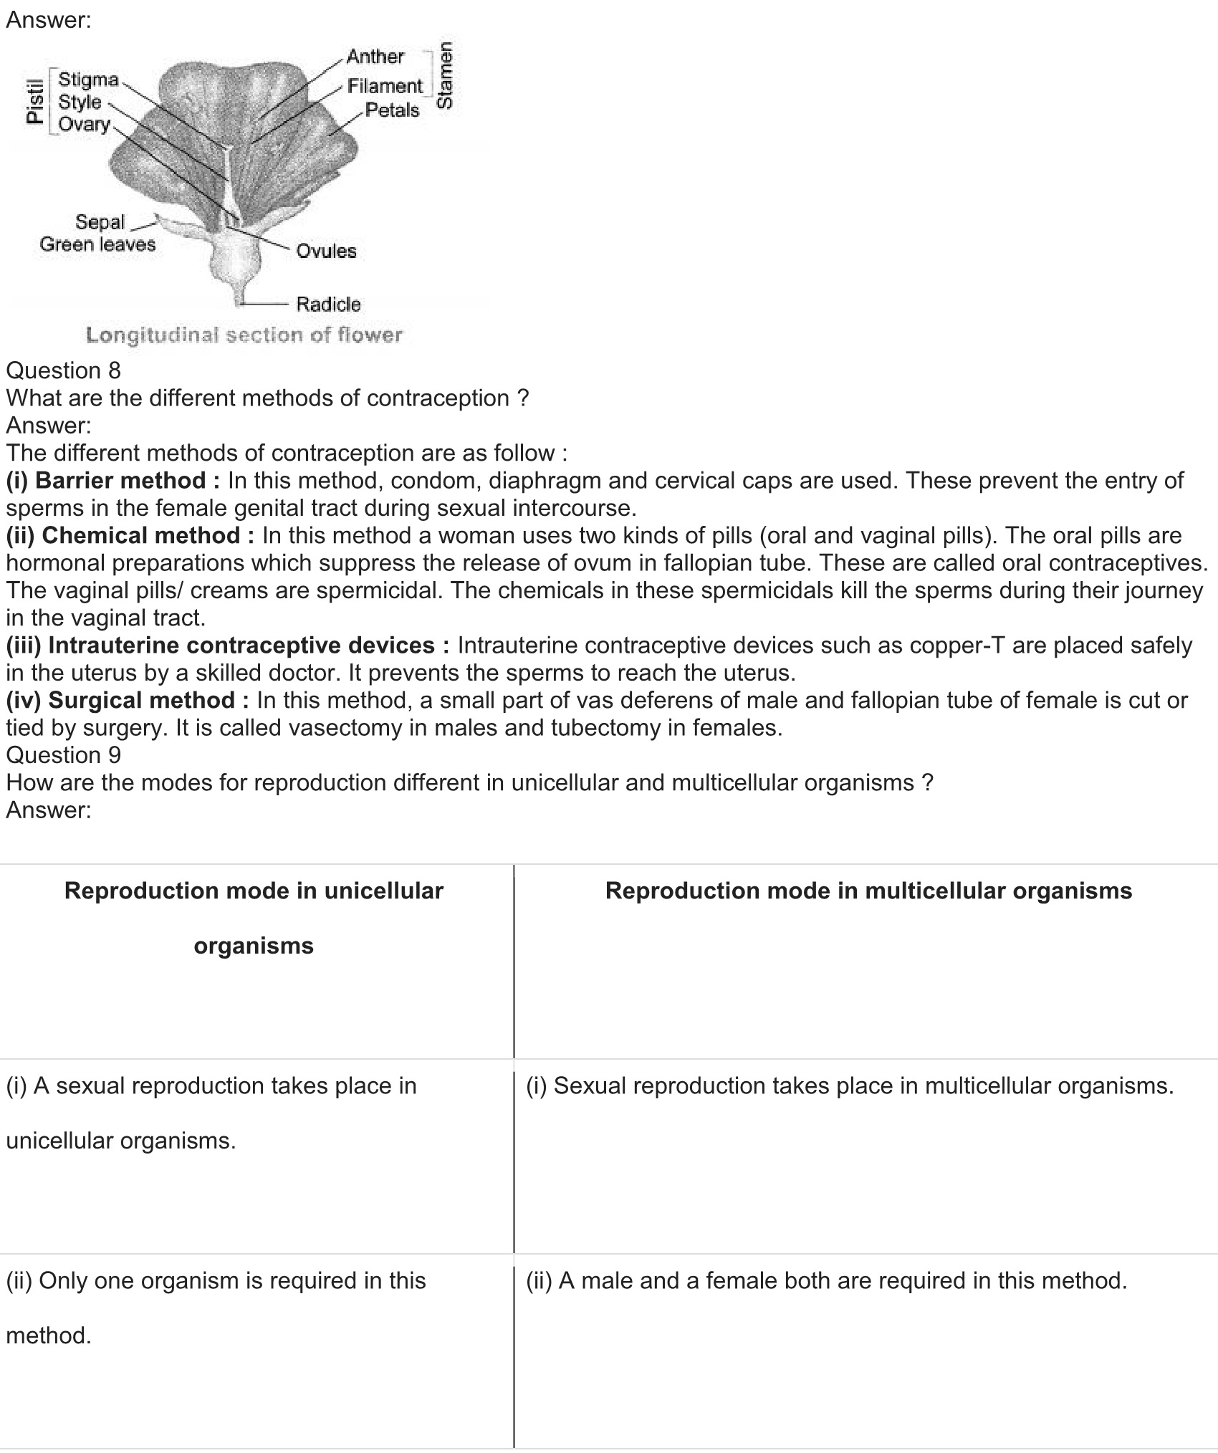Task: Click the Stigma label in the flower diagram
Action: (88, 79)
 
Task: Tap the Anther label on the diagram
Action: (375, 57)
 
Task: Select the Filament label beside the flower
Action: (385, 86)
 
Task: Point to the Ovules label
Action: (326, 251)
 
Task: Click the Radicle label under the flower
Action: (328, 304)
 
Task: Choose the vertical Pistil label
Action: (34, 101)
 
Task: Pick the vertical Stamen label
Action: (445, 75)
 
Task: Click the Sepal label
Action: (100, 222)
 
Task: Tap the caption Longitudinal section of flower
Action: (244, 335)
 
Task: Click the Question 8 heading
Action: (64, 370)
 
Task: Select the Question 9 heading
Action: (64, 754)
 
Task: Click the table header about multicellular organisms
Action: (868, 891)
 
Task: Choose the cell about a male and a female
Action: (827, 1280)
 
